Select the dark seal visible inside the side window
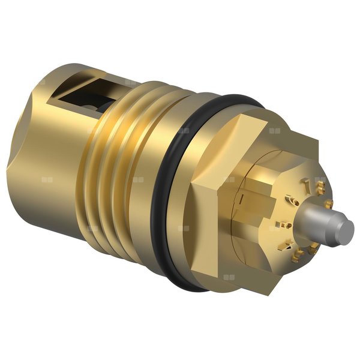pos(90,102)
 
